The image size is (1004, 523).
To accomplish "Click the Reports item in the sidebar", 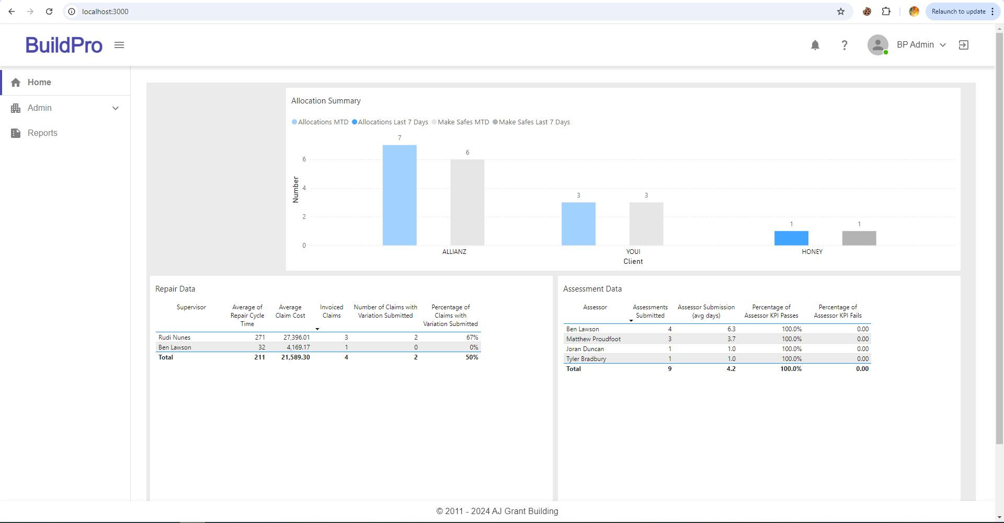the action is click(x=42, y=133).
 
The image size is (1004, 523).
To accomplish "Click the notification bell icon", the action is click(x=815, y=45).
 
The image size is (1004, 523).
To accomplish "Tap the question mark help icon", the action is click(x=844, y=45).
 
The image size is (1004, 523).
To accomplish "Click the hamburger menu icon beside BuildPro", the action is click(x=119, y=45).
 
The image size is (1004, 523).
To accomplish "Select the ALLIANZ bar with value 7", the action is click(x=400, y=195).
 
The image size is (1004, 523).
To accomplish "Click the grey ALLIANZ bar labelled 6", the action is click(x=467, y=203).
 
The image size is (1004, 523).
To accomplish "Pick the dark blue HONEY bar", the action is click(x=791, y=238).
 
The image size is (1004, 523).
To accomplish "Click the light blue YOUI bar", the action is click(x=578, y=224).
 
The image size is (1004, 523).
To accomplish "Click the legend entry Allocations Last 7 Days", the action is click(x=390, y=122).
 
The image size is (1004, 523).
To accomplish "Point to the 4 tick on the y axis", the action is click(x=304, y=188).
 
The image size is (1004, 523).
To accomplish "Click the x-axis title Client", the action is click(x=633, y=262).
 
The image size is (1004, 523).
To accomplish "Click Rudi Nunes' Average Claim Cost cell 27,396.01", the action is click(x=296, y=338).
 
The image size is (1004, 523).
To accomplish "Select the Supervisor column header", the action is click(x=191, y=307).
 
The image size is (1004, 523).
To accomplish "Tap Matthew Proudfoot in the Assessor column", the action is click(x=594, y=339).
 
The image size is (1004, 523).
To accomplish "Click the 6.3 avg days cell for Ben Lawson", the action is click(x=731, y=329).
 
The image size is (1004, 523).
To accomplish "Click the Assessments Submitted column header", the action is click(x=650, y=311).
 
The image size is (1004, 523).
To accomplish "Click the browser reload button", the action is click(x=49, y=11).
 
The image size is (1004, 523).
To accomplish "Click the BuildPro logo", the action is click(x=64, y=45).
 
